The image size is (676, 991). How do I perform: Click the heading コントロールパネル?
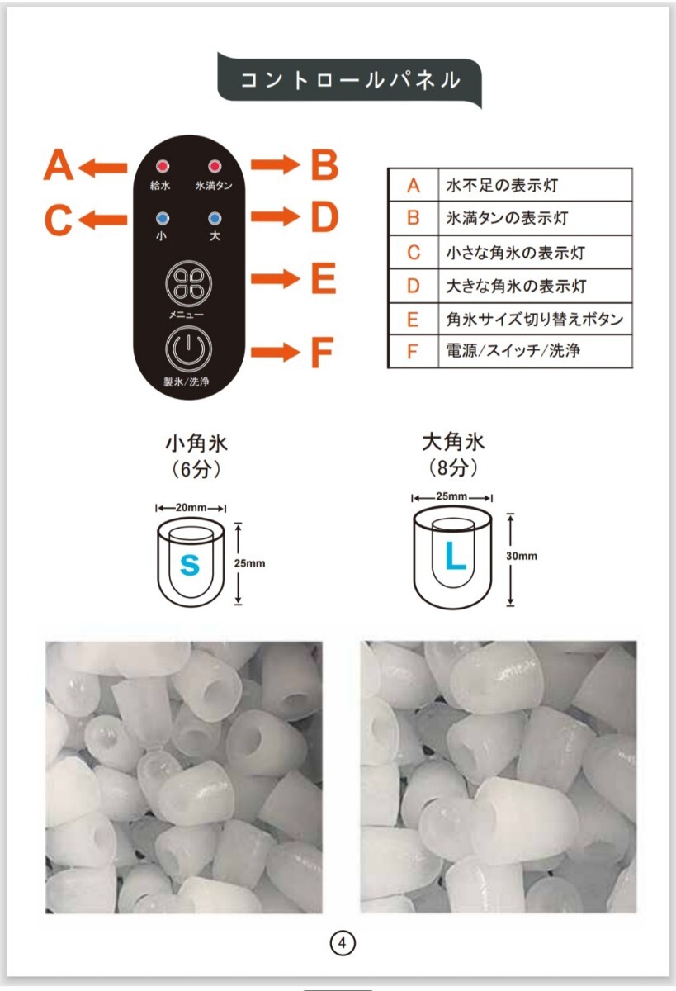click(349, 80)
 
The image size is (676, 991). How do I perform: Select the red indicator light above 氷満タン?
click(215, 166)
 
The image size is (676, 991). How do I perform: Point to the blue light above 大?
click(215, 219)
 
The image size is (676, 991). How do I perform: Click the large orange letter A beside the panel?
click(59, 166)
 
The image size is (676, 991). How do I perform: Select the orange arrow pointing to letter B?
click(276, 165)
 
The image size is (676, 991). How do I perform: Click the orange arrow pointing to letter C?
click(104, 219)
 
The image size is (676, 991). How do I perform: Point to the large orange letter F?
click(322, 353)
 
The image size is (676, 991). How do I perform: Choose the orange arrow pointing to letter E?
click(276, 279)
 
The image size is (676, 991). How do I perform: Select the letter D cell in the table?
click(414, 286)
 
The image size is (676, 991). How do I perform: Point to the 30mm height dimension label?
click(522, 556)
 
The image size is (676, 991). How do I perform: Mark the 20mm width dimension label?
click(191, 507)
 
